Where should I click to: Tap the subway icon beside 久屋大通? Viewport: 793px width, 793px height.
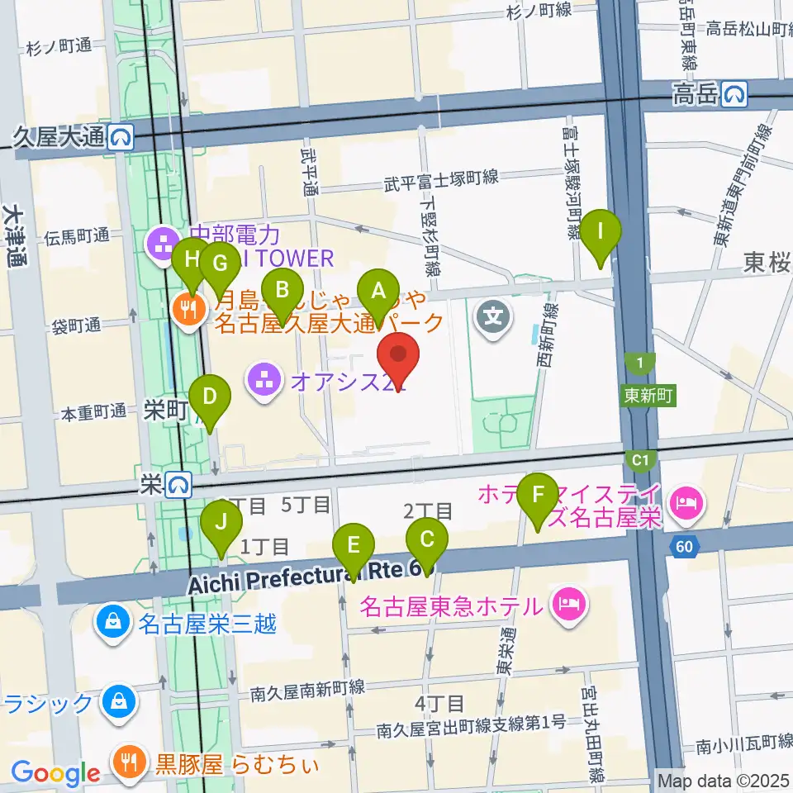click(x=122, y=137)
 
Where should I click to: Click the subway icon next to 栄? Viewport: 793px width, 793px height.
click(x=178, y=482)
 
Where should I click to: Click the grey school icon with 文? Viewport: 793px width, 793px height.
click(x=494, y=316)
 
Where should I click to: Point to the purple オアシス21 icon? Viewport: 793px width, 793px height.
click(x=265, y=382)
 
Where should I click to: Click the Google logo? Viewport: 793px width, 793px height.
click(x=55, y=774)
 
